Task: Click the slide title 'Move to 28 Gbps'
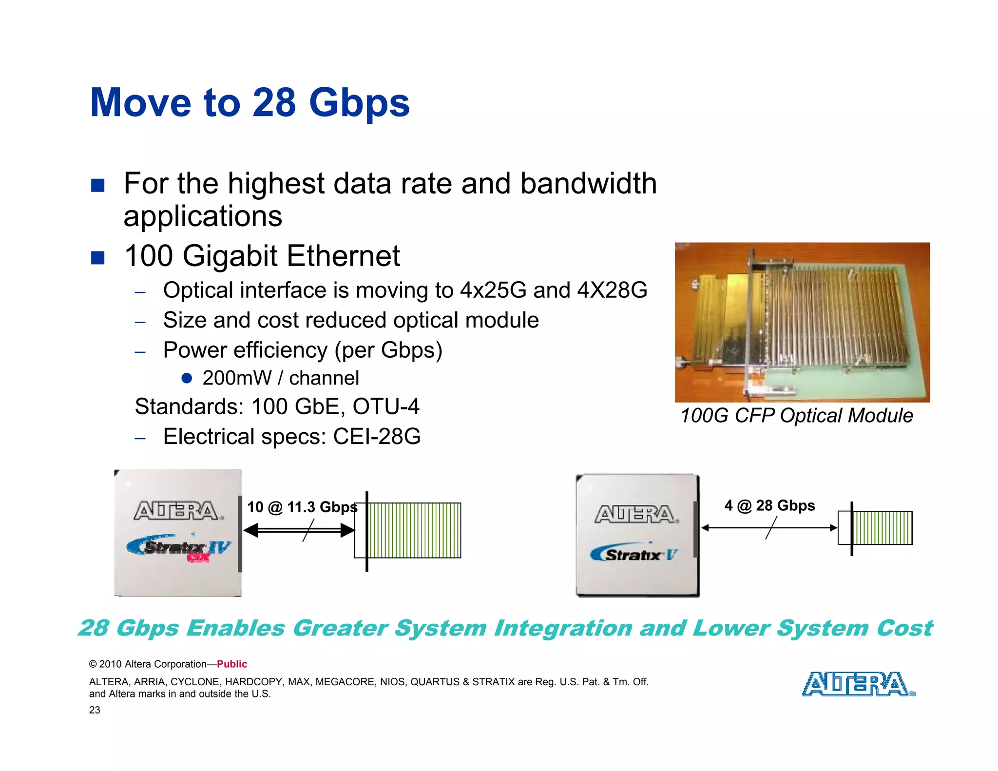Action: pyautogui.click(x=249, y=103)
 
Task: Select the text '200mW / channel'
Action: pyautogui.click(x=280, y=378)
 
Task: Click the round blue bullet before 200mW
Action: pyautogui.click(x=186, y=378)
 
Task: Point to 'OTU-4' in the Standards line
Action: pyautogui.click(x=385, y=406)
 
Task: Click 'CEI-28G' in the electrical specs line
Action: pyautogui.click(x=377, y=437)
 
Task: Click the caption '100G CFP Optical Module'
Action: pyautogui.click(x=796, y=416)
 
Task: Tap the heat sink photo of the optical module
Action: pyautogui.click(x=802, y=322)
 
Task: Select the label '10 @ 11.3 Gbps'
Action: pyautogui.click(x=302, y=507)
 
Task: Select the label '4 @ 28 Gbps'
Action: pyautogui.click(x=769, y=505)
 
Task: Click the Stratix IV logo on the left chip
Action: pyautogui.click(x=178, y=549)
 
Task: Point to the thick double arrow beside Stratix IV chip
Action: pyautogui.click(x=299, y=530)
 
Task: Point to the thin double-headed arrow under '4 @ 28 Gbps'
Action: pyautogui.click(x=769, y=528)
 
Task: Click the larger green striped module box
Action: pyautogui.click(x=413, y=530)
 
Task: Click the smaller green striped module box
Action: pyautogui.click(x=882, y=528)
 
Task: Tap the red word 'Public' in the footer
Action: pyautogui.click(x=232, y=664)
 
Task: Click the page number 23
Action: pyautogui.click(x=95, y=710)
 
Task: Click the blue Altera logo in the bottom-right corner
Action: pyautogui.click(x=858, y=684)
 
